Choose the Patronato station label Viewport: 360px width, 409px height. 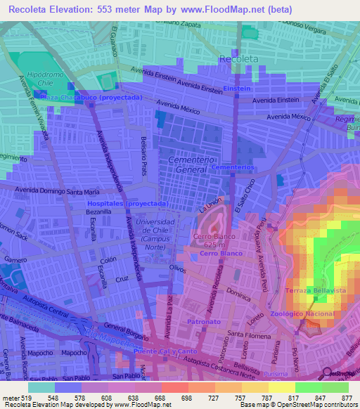(205, 321)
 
